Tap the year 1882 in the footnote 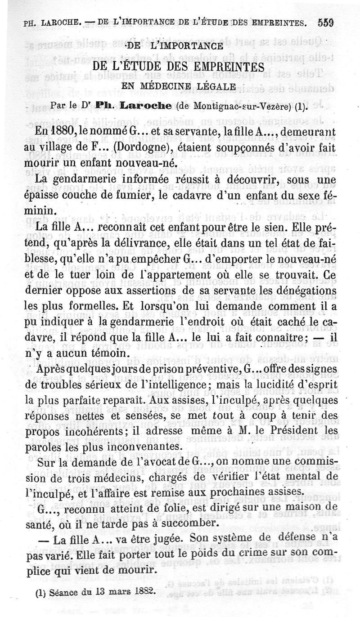(x=141, y=592)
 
